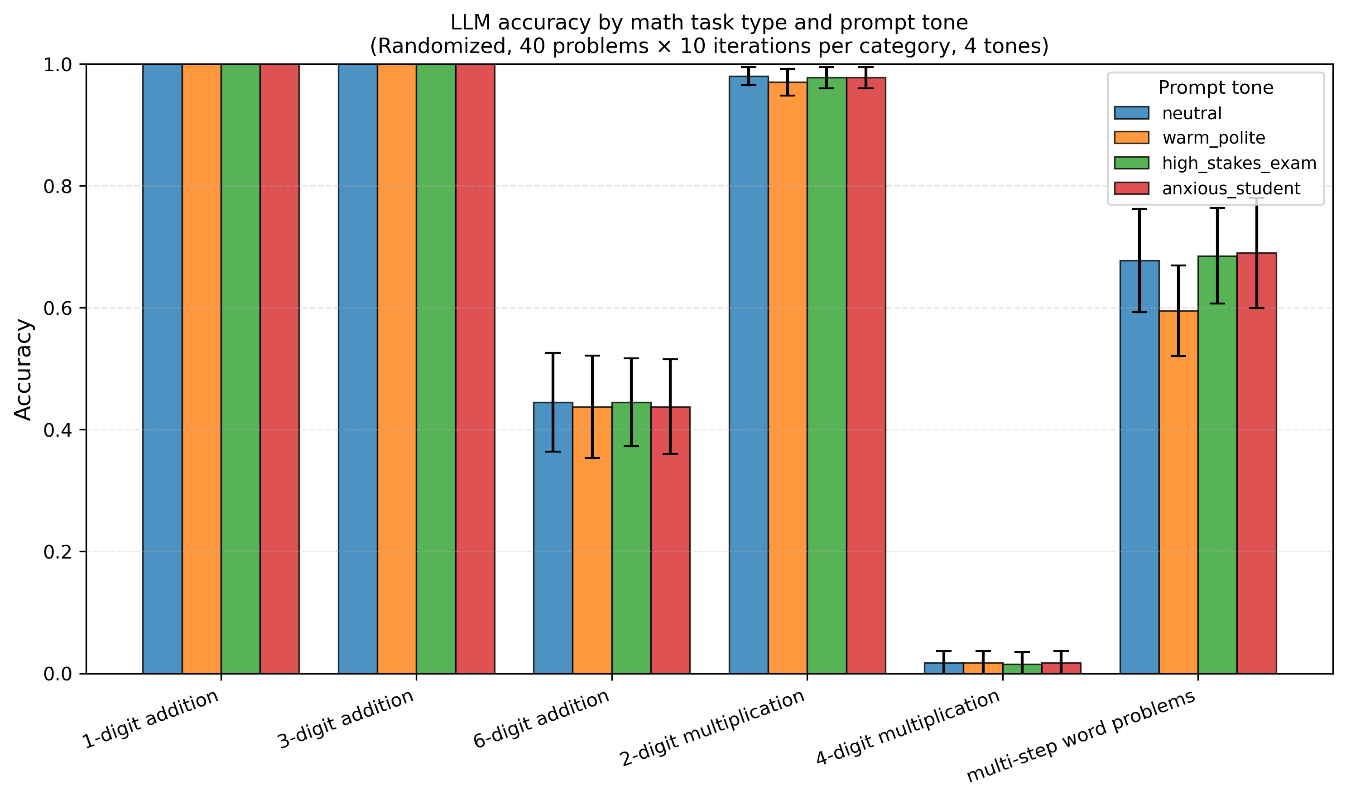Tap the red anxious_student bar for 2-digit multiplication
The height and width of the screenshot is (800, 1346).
click(865, 377)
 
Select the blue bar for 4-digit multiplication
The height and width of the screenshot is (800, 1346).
click(943, 669)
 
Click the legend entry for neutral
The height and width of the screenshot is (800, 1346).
click(1191, 113)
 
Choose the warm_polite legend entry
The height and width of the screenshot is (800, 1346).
click(1213, 138)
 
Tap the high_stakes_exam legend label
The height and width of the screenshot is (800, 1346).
click(1239, 164)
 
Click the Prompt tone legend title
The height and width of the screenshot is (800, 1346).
click(1215, 88)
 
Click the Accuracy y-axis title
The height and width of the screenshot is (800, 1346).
click(24, 370)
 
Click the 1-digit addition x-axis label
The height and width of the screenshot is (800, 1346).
click(150, 720)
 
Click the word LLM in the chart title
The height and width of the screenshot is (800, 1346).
click(466, 23)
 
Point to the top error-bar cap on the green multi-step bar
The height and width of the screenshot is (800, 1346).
click(1217, 208)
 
